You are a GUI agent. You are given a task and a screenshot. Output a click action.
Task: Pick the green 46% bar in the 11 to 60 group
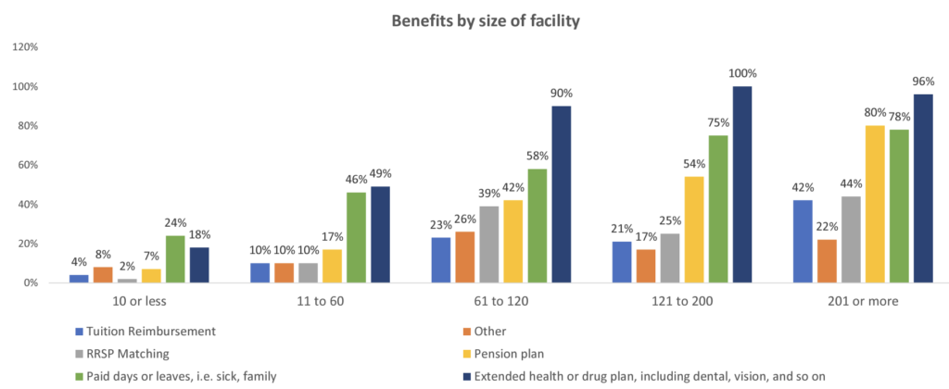tap(356, 237)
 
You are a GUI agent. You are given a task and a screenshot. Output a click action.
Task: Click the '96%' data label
tap(922, 82)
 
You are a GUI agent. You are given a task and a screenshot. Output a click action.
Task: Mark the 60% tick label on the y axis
tap(26, 165)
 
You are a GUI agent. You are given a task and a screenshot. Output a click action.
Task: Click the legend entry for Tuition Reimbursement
tap(148, 331)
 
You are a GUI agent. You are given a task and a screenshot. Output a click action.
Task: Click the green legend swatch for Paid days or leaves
tap(81, 375)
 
